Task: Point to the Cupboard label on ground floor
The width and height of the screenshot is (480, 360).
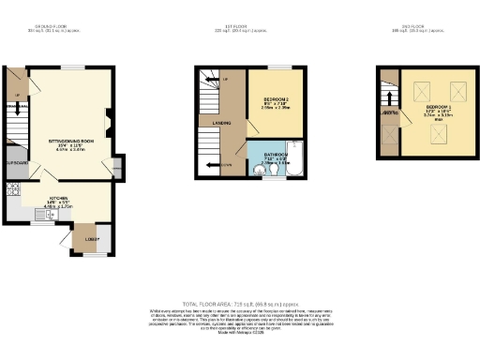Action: pyautogui.click(x=17, y=162)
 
